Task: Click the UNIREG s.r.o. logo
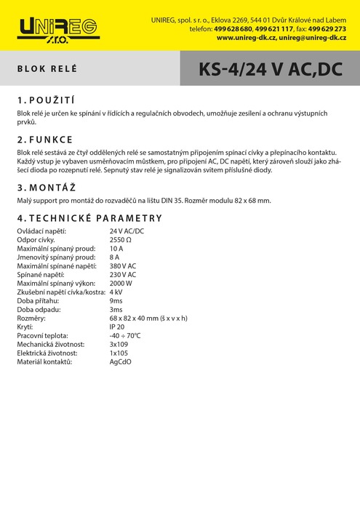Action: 59,29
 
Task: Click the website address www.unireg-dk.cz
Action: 246,37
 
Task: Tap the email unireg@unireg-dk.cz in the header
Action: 312,37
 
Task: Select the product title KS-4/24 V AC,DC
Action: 270,70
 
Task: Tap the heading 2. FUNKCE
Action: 45,139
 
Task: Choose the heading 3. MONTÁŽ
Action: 47,187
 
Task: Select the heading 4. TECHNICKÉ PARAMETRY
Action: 89,218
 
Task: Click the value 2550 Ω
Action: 121,240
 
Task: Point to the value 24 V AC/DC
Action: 127,231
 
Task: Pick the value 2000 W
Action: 121,283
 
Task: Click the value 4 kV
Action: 116,292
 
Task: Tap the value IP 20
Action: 117,326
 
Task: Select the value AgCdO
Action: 121,361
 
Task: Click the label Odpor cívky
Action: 36,240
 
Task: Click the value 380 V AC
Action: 123,266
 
